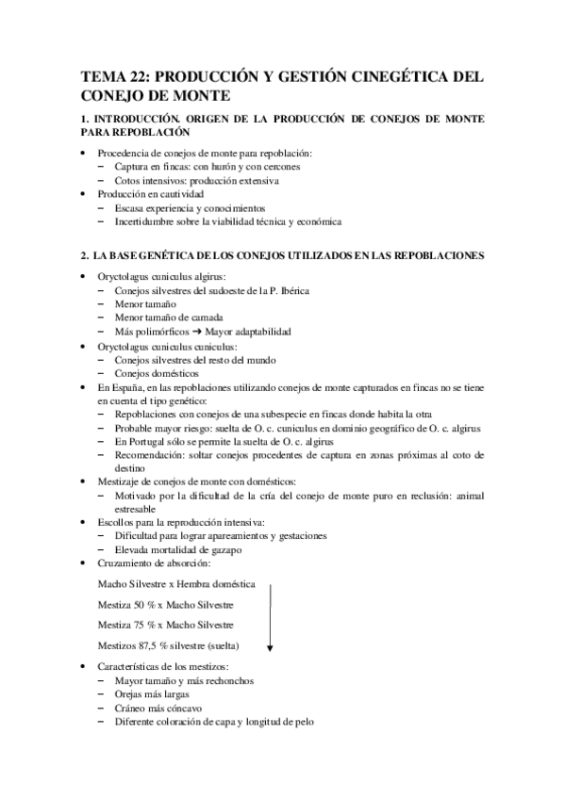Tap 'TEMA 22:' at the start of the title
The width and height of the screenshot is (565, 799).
coord(115,75)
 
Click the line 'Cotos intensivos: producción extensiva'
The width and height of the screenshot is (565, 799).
coord(197,180)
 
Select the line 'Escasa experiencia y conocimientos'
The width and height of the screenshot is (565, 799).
coord(190,207)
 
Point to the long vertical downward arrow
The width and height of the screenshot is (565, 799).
coord(271,617)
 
